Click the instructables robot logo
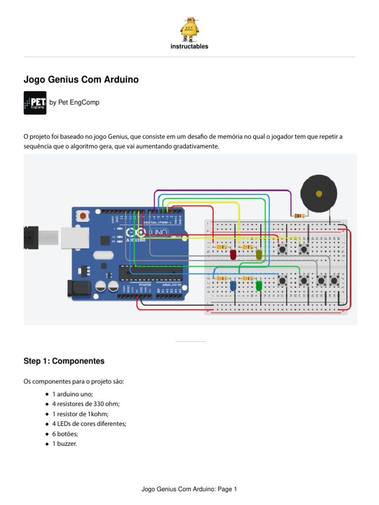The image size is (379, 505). click(189, 30)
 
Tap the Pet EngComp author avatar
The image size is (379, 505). click(35, 103)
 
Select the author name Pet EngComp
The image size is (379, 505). click(74, 103)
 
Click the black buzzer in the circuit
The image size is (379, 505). click(320, 194)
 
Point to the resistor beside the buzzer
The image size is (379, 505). click(298, 216)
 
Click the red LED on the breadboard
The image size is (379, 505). click(233, 254)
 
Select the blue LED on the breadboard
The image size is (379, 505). click(233, 286)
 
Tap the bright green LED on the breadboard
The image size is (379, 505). click(259, 286)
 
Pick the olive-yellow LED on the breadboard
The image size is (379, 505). click(259, 254)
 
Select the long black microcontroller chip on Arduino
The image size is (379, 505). click(150, 272)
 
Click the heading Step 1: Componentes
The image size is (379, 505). click(64, 361)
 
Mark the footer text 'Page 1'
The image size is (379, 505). click(227, 489)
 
